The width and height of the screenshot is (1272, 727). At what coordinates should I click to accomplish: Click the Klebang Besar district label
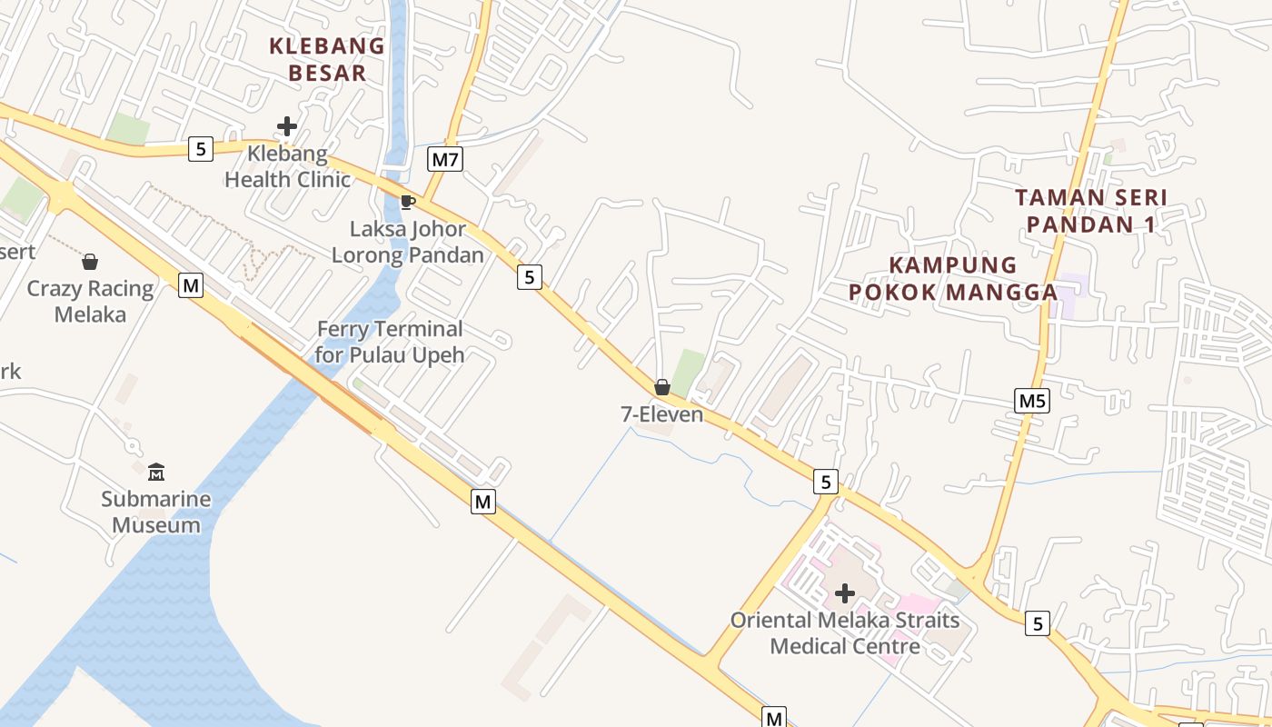pos(327,59)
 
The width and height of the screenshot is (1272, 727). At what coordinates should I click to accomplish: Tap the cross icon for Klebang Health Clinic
pos(287,126)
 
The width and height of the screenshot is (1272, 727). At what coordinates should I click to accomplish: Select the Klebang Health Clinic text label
pos(287,166)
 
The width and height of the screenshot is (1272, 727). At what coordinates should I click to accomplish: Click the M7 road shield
pos(445,160)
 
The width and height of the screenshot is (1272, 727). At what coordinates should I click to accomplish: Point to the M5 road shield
pos(1032,401)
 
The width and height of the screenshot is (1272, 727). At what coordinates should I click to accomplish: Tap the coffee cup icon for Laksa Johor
pos(407,201)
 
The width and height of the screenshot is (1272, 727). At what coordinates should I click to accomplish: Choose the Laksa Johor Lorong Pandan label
pos(407,242)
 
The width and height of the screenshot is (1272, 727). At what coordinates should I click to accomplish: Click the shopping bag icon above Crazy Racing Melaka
pos(90,262)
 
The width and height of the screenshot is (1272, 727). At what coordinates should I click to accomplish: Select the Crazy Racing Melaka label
pos(90,302)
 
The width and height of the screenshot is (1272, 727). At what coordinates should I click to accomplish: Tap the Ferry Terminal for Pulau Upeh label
pos(390,342)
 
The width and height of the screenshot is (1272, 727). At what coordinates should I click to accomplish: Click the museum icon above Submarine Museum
pos(156,472)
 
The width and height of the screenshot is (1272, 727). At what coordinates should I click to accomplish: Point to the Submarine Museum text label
pos(155,512)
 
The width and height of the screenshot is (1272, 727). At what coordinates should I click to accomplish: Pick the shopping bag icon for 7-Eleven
pos(662,387)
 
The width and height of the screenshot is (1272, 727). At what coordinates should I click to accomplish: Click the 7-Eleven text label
pos(661,414)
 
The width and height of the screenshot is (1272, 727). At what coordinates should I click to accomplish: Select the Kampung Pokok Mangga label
pos(953,278)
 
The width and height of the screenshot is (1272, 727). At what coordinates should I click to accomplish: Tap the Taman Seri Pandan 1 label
pos(1090,211)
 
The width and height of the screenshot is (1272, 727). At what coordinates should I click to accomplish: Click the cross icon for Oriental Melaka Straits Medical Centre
pos(845,593)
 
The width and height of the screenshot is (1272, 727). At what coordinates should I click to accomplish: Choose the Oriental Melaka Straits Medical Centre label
pos(845,633)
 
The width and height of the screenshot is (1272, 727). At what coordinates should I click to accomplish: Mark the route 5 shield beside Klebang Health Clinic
pos(201,148)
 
